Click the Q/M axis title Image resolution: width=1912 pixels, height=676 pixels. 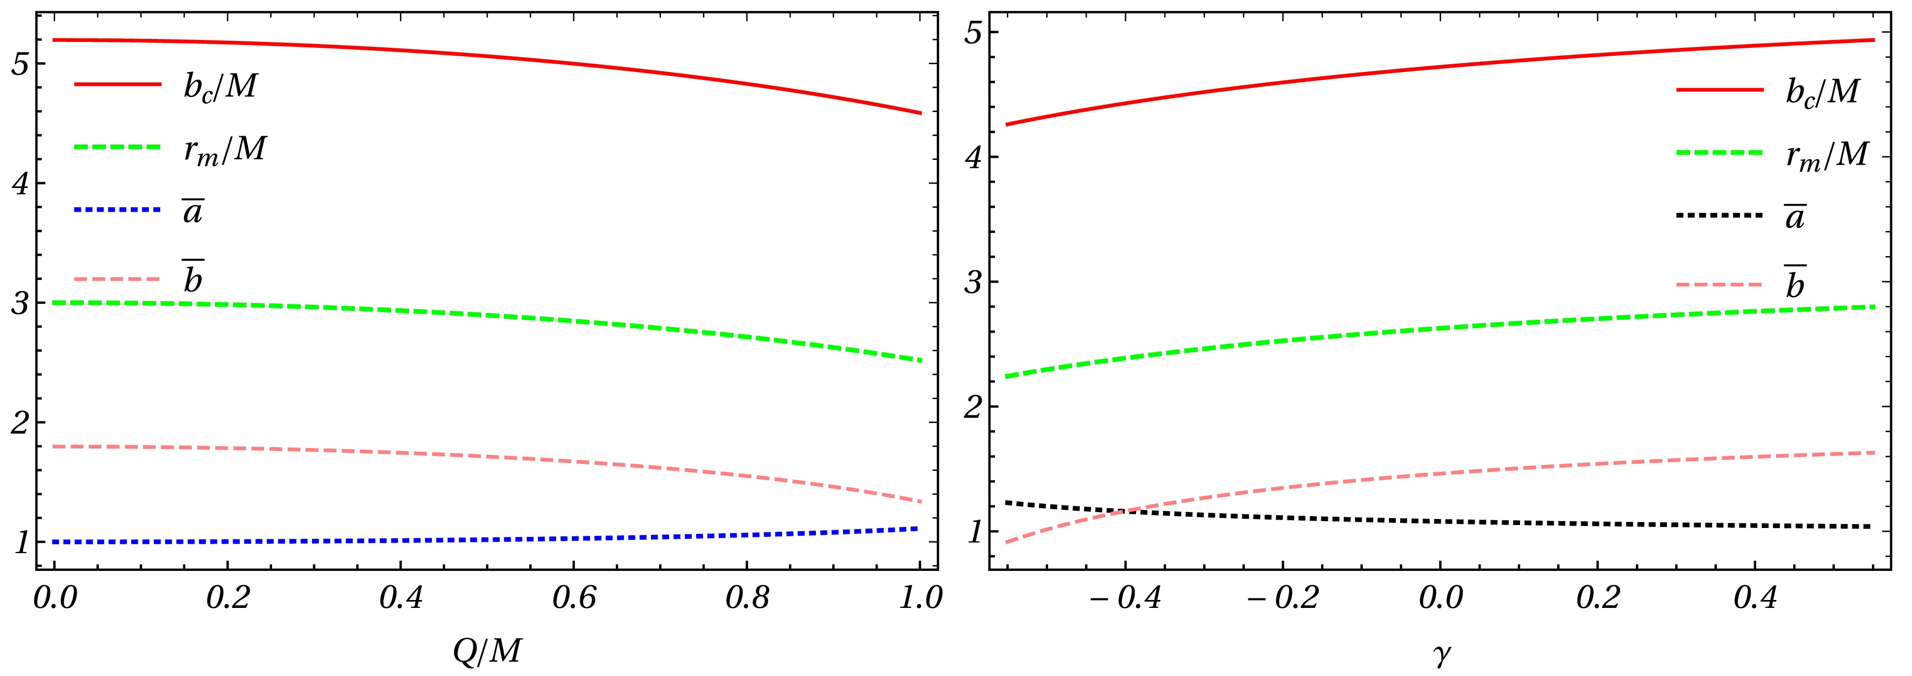coord(487,651)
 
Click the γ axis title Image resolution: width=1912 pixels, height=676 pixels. coord(1441,654)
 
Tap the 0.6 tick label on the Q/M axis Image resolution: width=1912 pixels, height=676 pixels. coord(574,599)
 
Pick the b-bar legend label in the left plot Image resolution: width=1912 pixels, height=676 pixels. coord(192,278)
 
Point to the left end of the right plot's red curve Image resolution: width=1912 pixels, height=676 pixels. coord(1006,124)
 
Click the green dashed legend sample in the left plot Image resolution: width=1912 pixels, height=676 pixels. coord(117,147)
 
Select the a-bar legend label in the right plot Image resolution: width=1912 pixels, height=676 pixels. coord(1795,217)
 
